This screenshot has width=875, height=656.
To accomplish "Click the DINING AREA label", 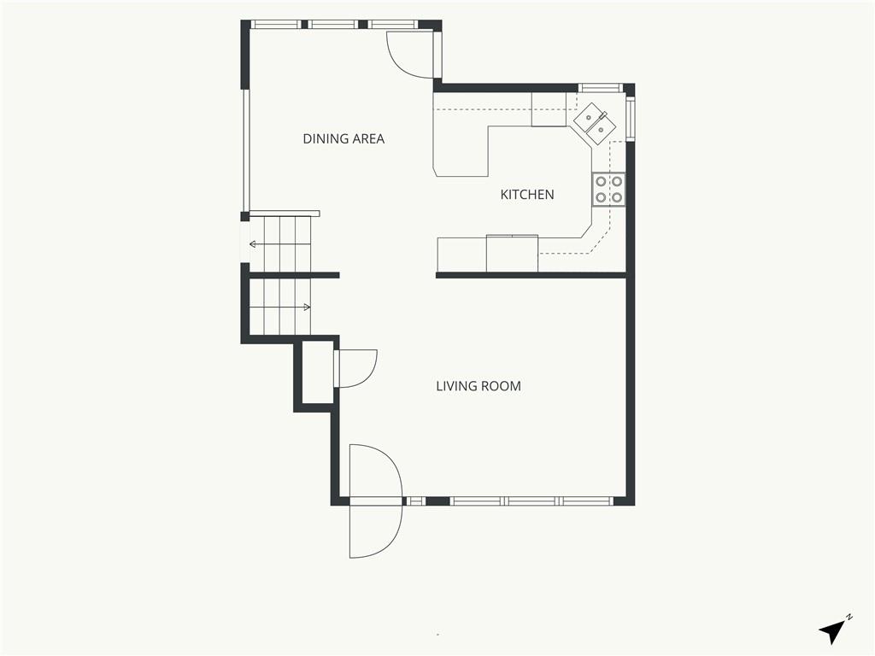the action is [x=344, y=138].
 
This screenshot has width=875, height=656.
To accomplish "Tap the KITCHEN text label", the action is [x=526, y=195].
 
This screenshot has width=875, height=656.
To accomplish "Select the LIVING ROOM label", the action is [x=479, y=386].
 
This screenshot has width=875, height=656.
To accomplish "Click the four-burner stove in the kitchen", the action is [x=608, y=190].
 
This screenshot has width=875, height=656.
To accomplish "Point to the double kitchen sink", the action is [x=595, y=123].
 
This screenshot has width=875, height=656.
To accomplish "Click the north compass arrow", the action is [x=831, y=632].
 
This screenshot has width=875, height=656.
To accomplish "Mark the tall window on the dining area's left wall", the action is [x=245, y=150].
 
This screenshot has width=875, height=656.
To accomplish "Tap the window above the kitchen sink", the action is [x=599, y=88].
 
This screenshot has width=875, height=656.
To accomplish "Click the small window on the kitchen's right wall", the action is [x=630, y=118].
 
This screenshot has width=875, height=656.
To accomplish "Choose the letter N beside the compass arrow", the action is [x=849, y=617].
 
